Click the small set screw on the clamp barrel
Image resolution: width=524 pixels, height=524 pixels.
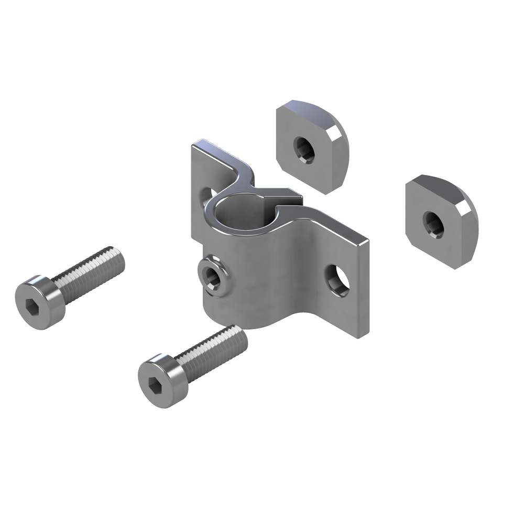[213, 275]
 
